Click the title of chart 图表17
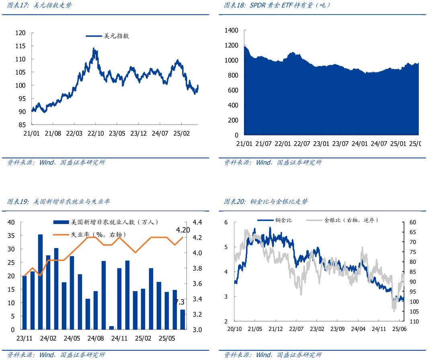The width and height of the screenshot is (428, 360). point(39,6)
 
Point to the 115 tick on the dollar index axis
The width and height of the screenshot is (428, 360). point(20,46)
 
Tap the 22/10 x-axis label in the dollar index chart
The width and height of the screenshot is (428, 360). point(96,133)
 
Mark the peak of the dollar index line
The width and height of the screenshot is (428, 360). point(94,49)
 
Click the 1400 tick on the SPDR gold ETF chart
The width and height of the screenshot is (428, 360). point(231,31)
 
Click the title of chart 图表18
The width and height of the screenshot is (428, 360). point(277,6)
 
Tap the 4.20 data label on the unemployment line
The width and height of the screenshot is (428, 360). point(183,230)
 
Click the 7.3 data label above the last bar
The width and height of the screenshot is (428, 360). point(180,302)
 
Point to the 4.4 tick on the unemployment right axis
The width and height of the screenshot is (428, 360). point(197,222)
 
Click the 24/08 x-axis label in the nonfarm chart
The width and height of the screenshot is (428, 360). point(96,338)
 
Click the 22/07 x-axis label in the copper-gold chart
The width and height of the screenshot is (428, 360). point(296,329)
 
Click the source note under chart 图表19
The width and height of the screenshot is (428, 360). point(56,355)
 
